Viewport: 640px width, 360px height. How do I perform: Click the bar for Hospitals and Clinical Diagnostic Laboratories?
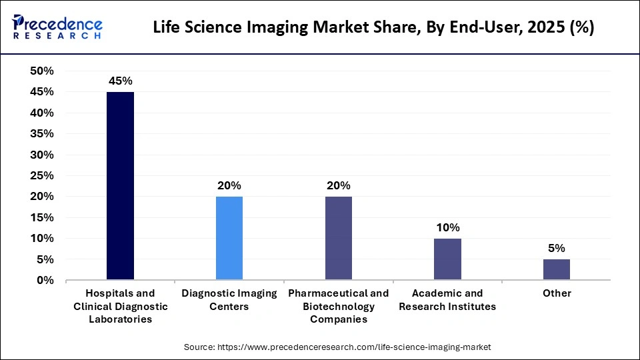[x=120, y=186]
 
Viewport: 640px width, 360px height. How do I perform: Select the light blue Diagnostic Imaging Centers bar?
[x=229, y=238]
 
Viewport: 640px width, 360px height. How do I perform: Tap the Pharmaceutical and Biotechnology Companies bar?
[x=338, y=238]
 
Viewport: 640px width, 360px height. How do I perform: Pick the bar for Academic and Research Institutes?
[x=447, y=259]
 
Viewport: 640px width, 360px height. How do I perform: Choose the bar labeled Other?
[x=557, y=269]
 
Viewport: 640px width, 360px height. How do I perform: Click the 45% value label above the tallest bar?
[x=120, y=81]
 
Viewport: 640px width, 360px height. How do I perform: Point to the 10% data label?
[x=447, y=227]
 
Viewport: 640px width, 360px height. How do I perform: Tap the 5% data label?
[x=557, y=248]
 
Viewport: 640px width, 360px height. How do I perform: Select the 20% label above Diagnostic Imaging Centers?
[x=229, y=185]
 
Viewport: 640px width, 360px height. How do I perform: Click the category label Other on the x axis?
[x=557, y=293]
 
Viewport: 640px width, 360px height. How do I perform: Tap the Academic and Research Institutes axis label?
[x=447, y=300]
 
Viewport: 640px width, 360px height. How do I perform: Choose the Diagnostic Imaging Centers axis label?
[x=229, y=300]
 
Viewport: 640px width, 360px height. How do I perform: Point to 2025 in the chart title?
[x=534, y=28]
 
